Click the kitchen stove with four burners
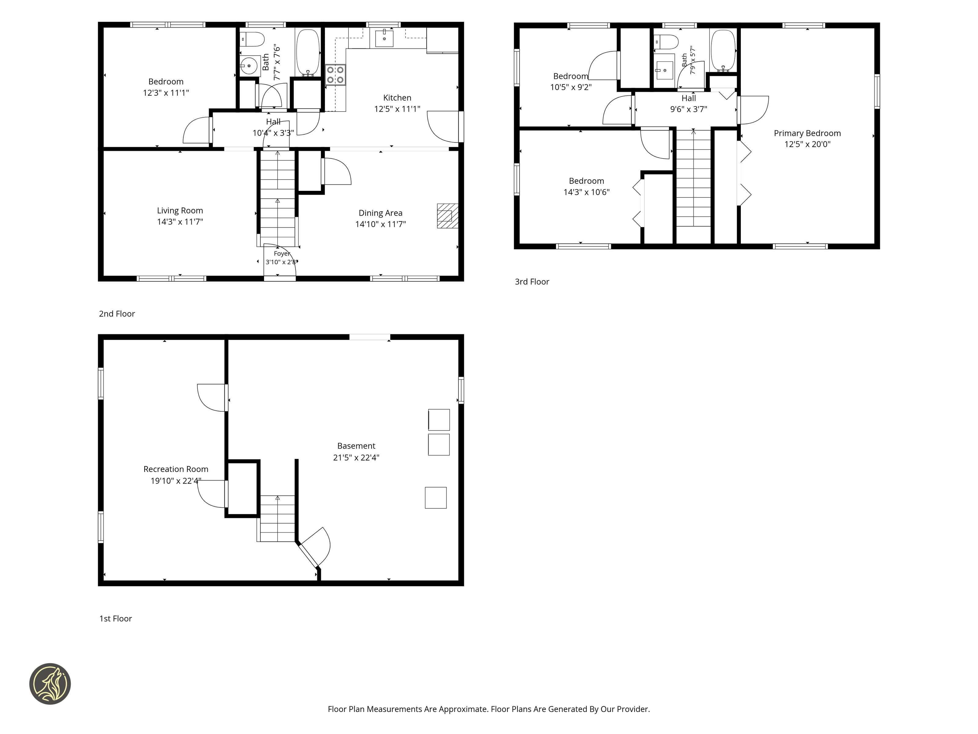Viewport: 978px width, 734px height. (x=336, y=75)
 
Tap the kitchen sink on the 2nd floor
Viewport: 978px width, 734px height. (x=384, y=37)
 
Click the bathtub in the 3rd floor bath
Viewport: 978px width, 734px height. (x=723, y=50)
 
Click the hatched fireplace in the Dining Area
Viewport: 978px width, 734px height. (x=447, y=216)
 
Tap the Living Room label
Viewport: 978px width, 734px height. (x=180, y=211)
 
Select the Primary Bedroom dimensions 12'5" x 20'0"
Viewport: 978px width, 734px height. (x=807, y=144)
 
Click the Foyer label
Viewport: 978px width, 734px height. (x=282, y=254)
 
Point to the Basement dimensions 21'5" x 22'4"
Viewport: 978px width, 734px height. (x=356, y=458)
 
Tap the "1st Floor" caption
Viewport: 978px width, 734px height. (x=116, y=618)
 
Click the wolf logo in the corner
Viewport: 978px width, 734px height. (x=50, y=684)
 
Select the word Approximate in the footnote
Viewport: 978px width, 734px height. (x=462, y=709)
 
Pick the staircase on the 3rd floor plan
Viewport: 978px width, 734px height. (x=693, y=177)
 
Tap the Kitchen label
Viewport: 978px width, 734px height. (x=397, y=98)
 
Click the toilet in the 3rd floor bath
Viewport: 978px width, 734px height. (x=666, y=42)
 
